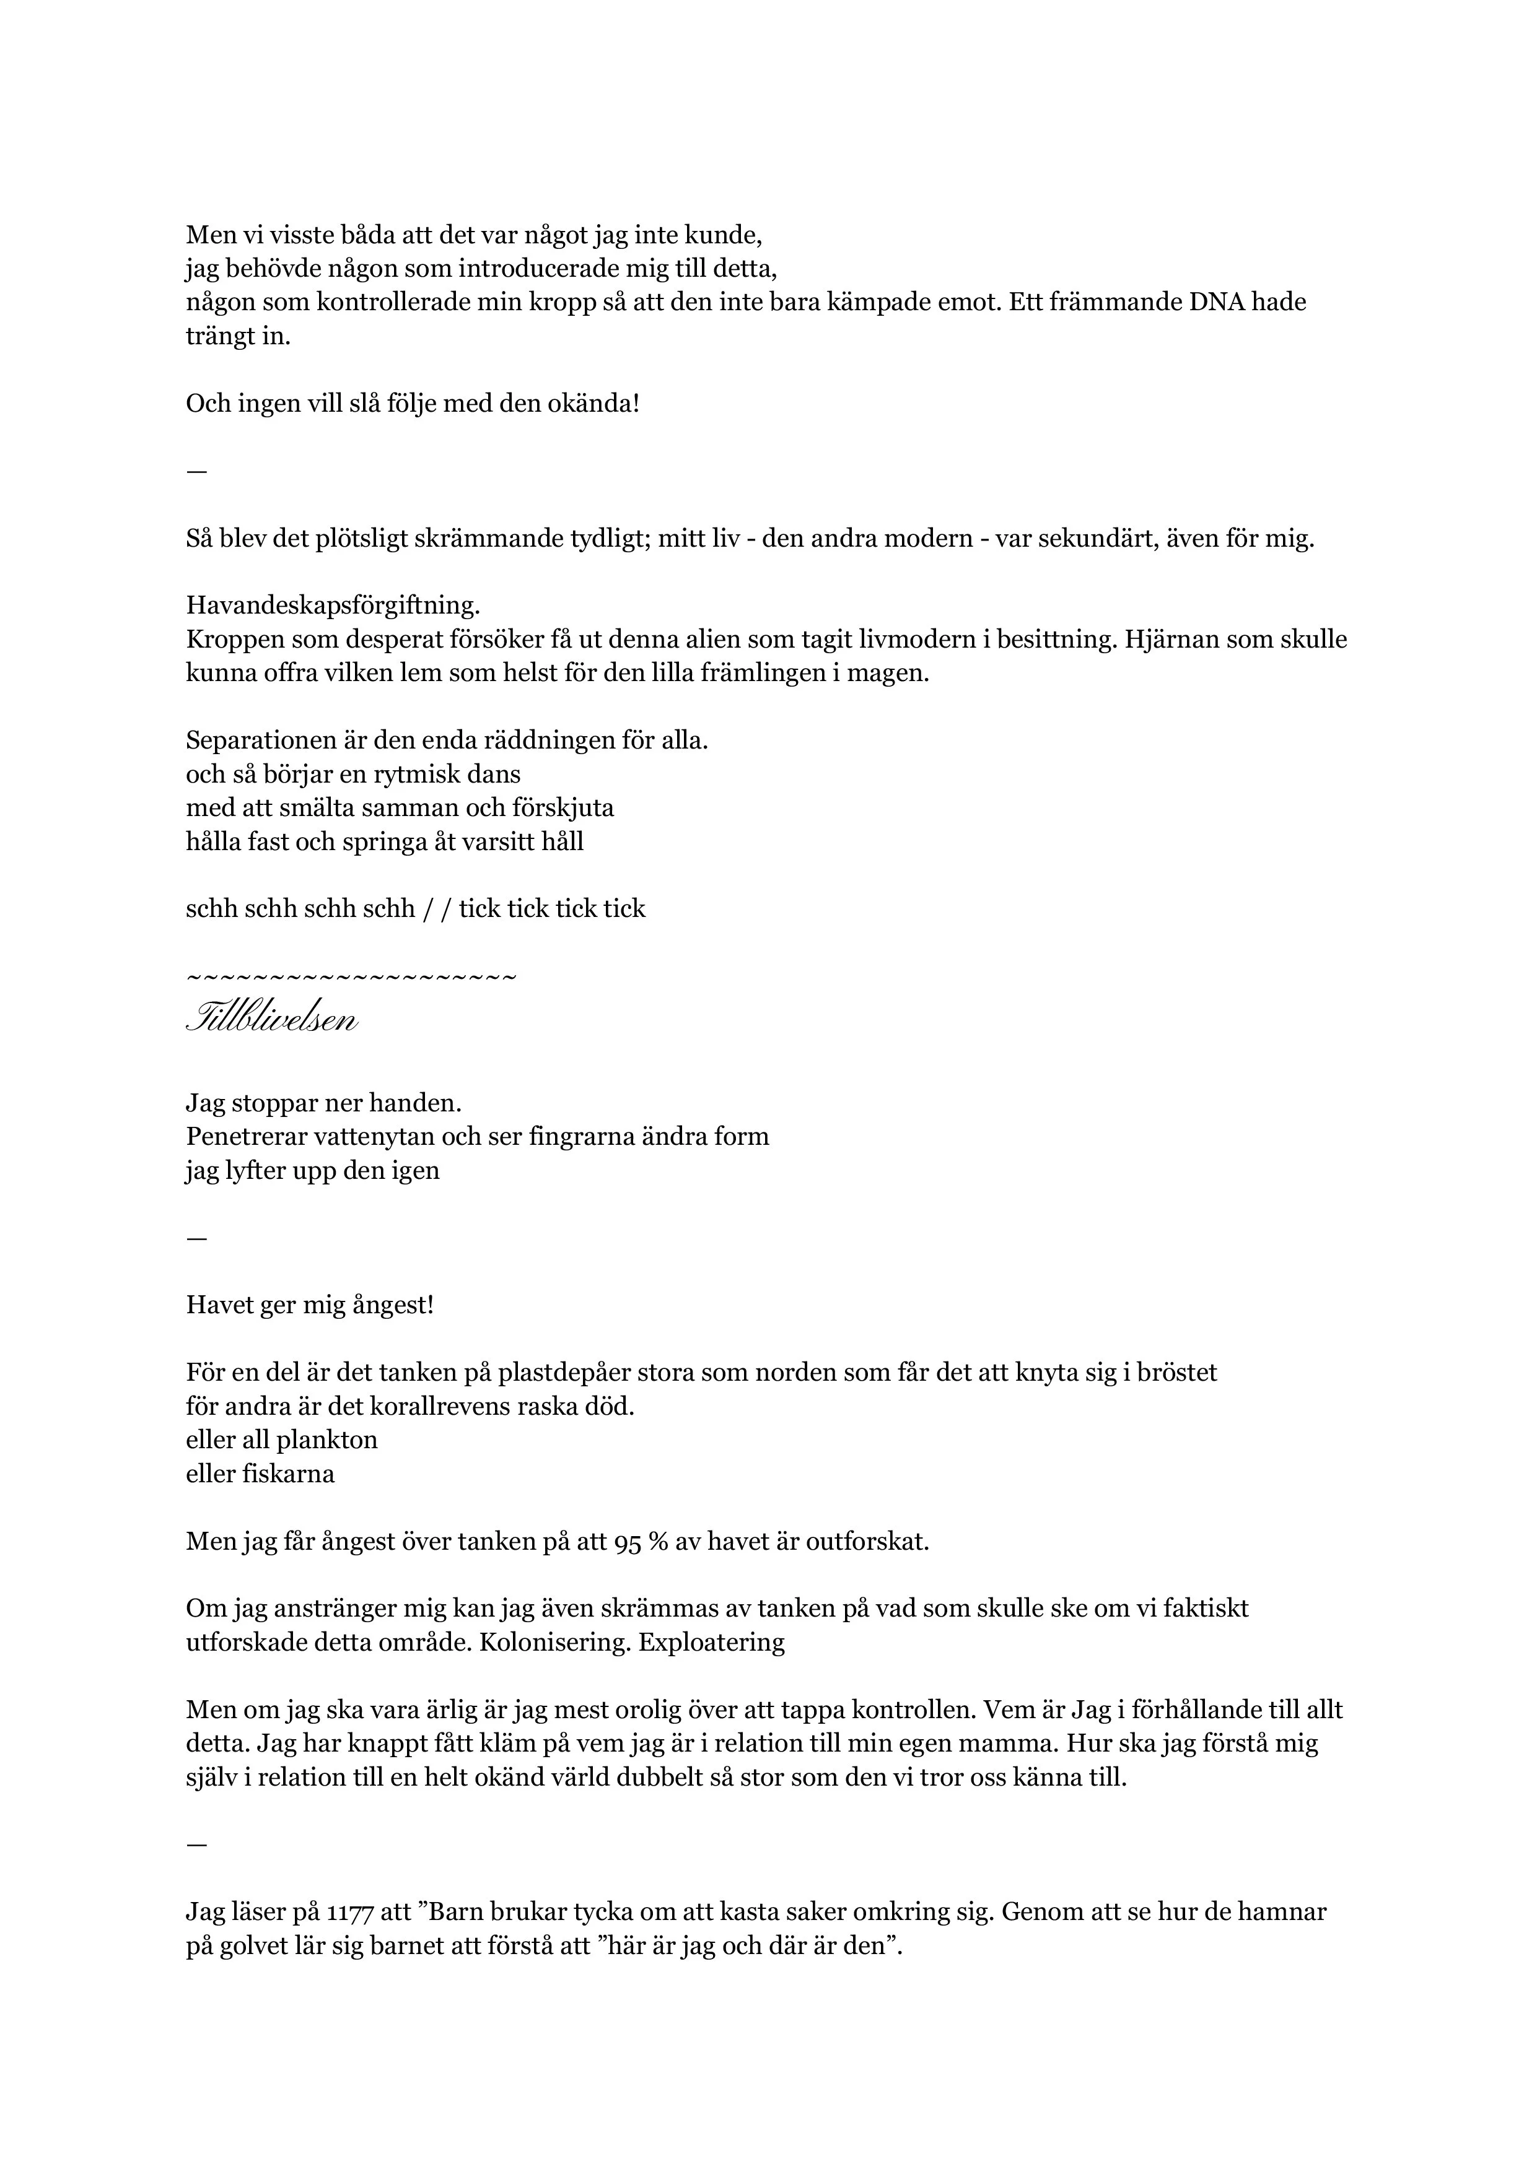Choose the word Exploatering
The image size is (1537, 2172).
(x=712, y=1642)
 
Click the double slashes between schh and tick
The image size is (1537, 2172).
(x=437, y=909)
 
